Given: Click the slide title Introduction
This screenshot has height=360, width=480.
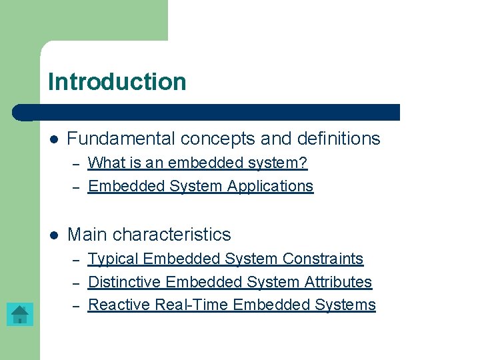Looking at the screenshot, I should pyautogui.click(x=117, y=82).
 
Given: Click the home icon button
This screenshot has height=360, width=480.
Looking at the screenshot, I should pyautogui.click(x=20, y=314).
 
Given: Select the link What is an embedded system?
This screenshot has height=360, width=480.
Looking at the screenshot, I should pyautogui.click(x=197, y=163).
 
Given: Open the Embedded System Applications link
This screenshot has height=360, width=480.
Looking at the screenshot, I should pyautogui.click(x=201, y=186).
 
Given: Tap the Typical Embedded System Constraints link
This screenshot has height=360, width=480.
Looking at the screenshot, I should pyautogui.click(x=225, y=259).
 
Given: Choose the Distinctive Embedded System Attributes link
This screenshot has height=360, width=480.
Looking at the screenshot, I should pyautogui.click(x=230, y=282).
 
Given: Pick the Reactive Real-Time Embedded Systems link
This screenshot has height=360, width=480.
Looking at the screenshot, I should pyautogui.click(x=232, y=305).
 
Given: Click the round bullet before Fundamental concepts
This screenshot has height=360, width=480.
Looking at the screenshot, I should pyautogui.click(x=54, y=139).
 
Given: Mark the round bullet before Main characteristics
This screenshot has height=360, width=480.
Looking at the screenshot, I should pyautogui.click(x=54, y=235).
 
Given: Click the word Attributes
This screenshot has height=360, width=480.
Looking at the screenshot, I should pyautogui.click(x=337, y=282).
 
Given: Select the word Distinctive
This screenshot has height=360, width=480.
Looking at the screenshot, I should pyautogui.click(x=125, y=282).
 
